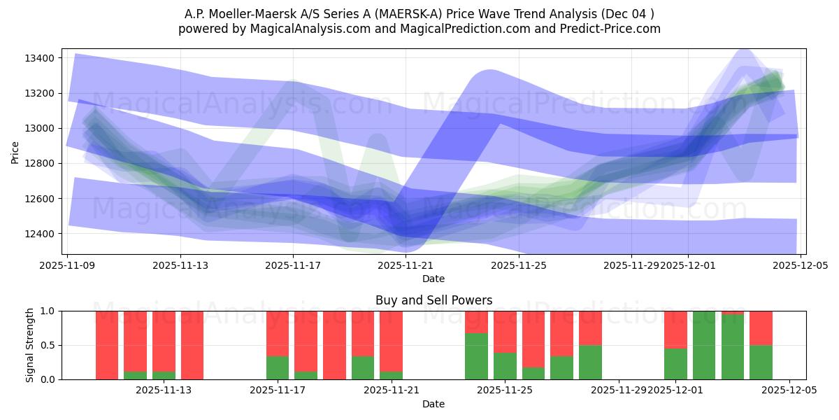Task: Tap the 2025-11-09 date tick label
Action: click(67, 266)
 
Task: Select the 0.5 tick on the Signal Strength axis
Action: click(48, 345)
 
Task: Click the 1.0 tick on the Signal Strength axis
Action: click(48, 311)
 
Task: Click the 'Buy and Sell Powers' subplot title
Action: click(433, 300)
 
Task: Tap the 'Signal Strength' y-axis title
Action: click(29, 345)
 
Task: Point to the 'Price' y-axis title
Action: click(15, 151)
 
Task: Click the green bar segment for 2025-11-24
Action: click(476, 356)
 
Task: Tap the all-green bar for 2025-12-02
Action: click(704, 345)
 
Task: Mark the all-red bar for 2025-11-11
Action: click(107, 345)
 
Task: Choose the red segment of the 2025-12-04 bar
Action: click(761, 328)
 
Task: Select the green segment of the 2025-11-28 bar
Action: click(590, 362)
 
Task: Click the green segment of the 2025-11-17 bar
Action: click(278, 367)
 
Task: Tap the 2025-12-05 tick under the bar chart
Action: click(789, 391)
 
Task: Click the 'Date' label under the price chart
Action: click(433, 279)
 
